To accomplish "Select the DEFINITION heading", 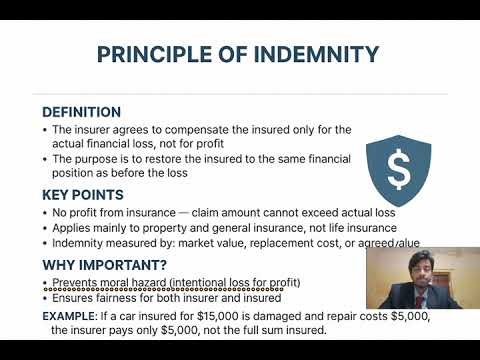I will pyautogui.click(x=81, y=112).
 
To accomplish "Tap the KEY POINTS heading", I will pyautogui.click(x=83, y=195).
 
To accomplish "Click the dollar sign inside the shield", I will pyautogui.click(x=398, y=172).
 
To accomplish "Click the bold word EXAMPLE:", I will pyautogui.click(x=73, y=315).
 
